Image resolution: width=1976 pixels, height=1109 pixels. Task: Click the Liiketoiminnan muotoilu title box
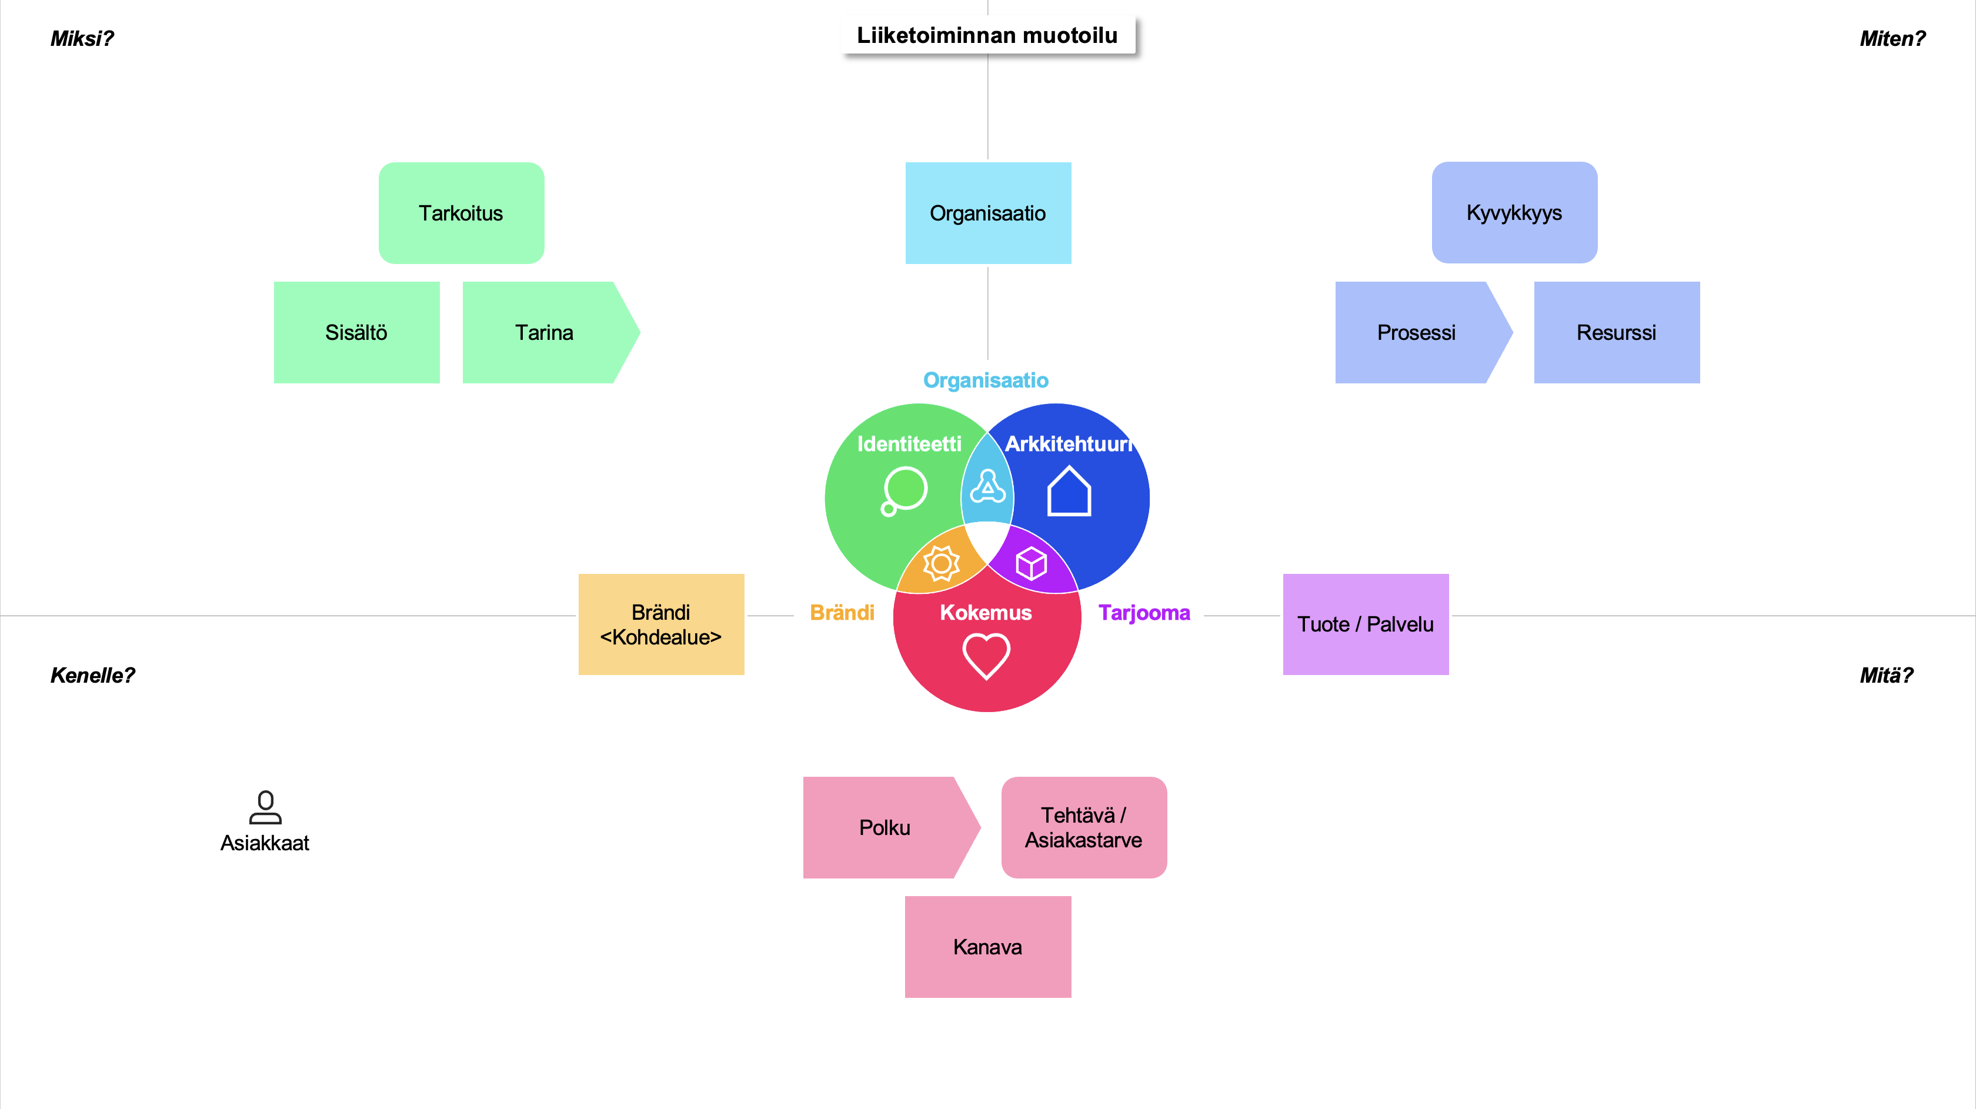click(987, 35)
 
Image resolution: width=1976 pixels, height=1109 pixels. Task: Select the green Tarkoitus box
click(461, 213)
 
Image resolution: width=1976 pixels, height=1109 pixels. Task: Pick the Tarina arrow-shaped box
click(545, 332)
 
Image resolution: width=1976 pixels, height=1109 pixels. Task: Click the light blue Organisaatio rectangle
click(988, 213)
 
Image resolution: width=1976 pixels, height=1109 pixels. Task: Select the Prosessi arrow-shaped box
click(1417, 332)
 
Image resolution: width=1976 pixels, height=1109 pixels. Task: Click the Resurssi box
click(1616, 332)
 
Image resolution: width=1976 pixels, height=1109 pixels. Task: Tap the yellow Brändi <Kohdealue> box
click(661, 624)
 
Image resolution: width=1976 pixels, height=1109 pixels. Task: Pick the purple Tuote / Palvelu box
click(1366, 624)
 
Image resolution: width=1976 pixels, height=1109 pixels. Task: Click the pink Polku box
click(885, 827)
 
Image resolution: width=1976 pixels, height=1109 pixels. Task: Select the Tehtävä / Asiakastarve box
click(1084, 827)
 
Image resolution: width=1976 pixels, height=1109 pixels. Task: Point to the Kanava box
click(988, 947)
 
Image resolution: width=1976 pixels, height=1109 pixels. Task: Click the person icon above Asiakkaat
click(265, 807)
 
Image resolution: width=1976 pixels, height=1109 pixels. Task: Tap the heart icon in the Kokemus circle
click(986, 656)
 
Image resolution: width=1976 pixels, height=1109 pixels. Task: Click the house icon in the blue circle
click(1069, 492)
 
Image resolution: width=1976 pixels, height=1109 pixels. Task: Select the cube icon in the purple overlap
click(1031, 564)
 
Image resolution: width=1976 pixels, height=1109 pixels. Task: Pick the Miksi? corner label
click(82, 38)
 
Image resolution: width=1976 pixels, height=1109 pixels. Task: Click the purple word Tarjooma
click(1144, 613)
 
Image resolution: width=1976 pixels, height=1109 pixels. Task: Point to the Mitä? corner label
click(1886, 675)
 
